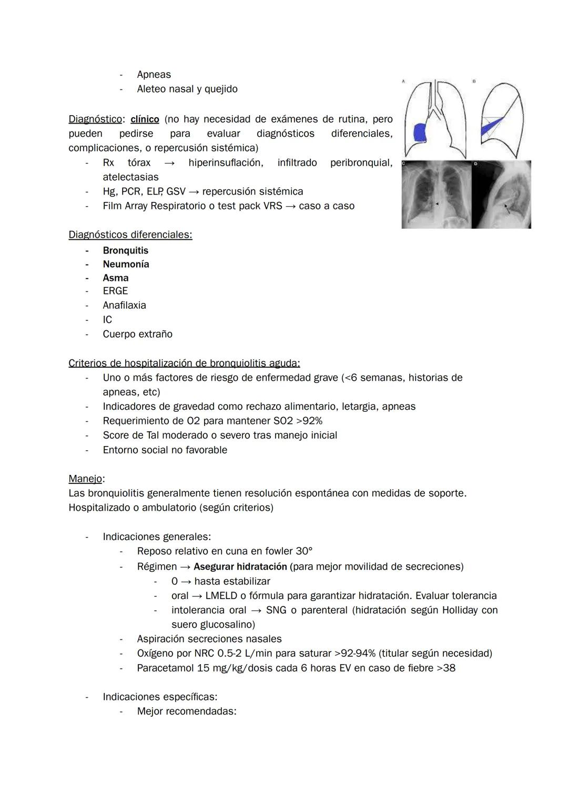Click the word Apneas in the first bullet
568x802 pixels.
(x=154, y=75)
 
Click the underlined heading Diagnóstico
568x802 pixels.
(x=95, y=119)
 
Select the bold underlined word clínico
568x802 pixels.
(x=145, y=119)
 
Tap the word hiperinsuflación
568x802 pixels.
(x=226, y=163)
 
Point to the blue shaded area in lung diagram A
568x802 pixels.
(x=420, y=133)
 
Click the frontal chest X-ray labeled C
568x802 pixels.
(x=436, y=195)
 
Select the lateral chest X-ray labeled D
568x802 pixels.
(x=501, y=195)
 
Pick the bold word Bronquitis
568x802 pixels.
(x=125, y=251)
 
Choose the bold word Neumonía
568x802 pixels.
(x=126, y=265)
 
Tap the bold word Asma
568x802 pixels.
(x=116, y=278)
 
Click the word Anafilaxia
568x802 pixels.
(x=124, y=306)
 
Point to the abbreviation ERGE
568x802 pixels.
(x=115, y=291)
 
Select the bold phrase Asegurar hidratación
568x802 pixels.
(x=240, y=567)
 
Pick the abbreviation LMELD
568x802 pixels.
(x=221, y=596)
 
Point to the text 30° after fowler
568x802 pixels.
(x=304, y=552)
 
